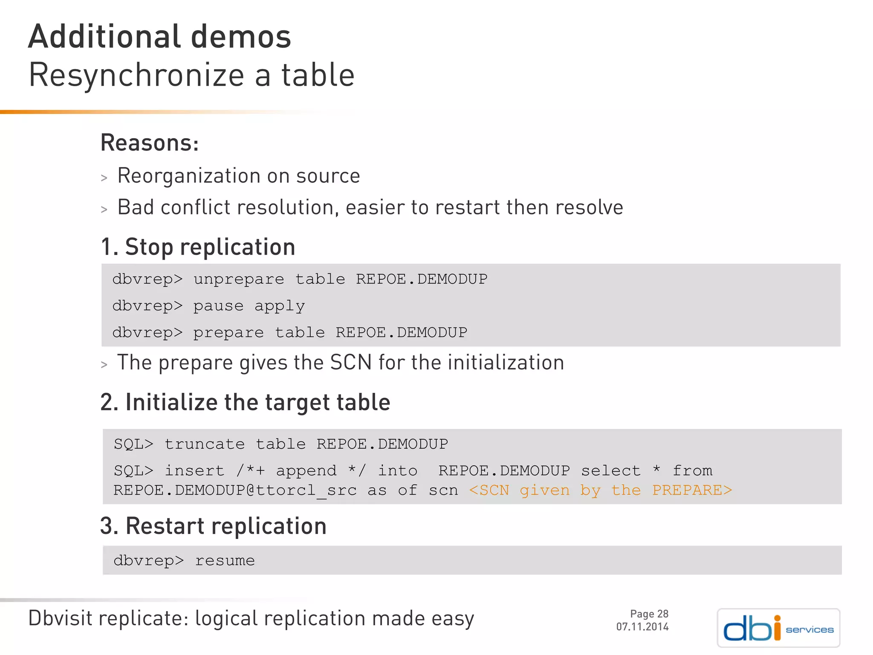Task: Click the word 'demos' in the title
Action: [241, 37]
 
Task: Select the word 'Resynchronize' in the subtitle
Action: [136, 75]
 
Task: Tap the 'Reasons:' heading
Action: [150, 143]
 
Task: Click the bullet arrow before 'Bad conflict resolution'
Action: [104, 209]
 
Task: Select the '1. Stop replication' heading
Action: [198, 247]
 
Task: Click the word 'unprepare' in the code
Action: [239, 279]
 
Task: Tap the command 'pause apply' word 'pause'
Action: [218, 306]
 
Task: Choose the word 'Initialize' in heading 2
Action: [171, 403]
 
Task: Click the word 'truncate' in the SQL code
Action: [205, 444]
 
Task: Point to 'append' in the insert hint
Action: [306, 471]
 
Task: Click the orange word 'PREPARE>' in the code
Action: [692, 490]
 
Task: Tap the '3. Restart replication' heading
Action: [213, 526]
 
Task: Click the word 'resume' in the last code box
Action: [225, 561]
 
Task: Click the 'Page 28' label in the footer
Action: [649, 614]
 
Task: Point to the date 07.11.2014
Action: [642, 627]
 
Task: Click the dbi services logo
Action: [778, 628]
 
